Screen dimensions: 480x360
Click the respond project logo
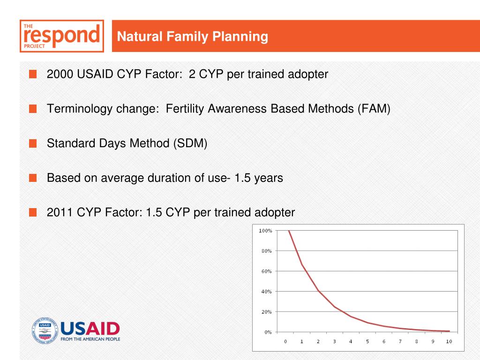click(62, 36)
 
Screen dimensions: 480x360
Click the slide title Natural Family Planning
click(193, 37)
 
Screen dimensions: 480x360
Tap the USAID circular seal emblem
click(45, 330)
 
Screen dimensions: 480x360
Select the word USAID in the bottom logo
click(90, 329)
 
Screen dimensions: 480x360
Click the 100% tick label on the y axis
click(265, 231)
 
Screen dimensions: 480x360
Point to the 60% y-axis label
click(266, 271)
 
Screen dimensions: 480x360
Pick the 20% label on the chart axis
click(266, 312)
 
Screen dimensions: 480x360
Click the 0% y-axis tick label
click(268, 332)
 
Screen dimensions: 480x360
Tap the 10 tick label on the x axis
click(449, 341)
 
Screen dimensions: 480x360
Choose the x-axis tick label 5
click(367, 341)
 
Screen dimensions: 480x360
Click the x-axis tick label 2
click(318, 341)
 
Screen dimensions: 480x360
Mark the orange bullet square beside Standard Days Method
click(33, 143)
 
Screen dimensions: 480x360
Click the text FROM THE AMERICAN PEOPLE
click(90, 339)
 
